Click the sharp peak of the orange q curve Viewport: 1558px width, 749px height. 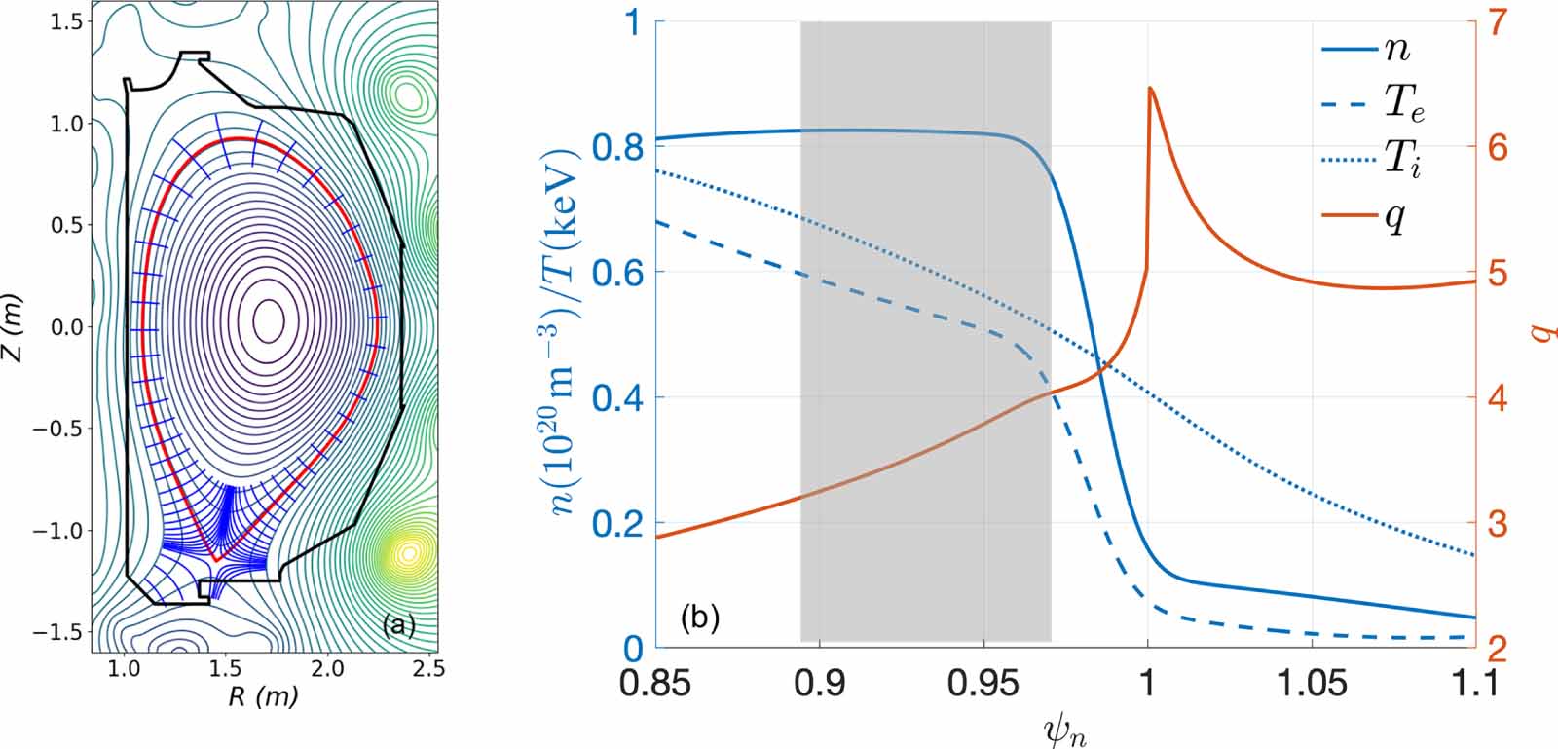1151,89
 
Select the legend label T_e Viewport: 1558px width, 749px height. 1404,104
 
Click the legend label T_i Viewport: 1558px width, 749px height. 1402,160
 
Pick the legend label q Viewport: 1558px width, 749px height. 1396,216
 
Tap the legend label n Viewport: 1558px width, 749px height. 1397,49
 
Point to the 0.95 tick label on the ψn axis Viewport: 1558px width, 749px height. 983,683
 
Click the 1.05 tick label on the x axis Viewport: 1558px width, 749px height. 1312,683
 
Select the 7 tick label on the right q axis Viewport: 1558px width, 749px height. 1497,22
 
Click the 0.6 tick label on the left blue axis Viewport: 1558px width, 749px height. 618,273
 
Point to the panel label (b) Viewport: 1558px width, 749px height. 699,617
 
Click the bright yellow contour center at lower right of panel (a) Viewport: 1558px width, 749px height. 409,554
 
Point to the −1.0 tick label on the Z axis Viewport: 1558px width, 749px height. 59,531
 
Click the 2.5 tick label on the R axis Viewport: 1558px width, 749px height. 428,669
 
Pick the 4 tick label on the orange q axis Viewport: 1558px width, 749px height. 1496,398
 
